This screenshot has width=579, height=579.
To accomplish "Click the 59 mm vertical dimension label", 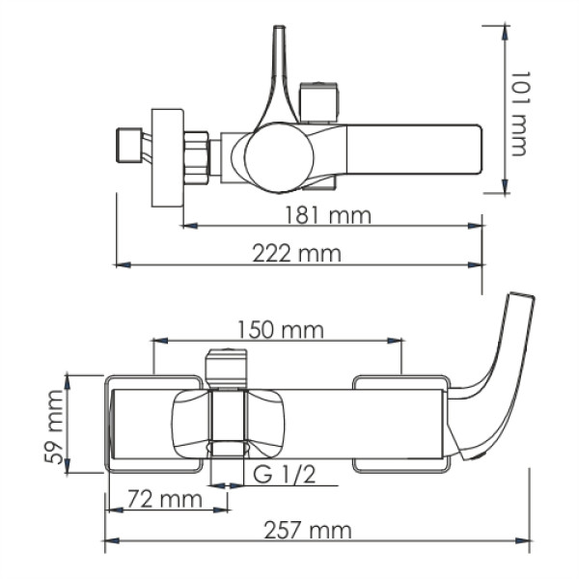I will point(58,425).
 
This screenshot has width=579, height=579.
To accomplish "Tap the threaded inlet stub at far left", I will point(126,146).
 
